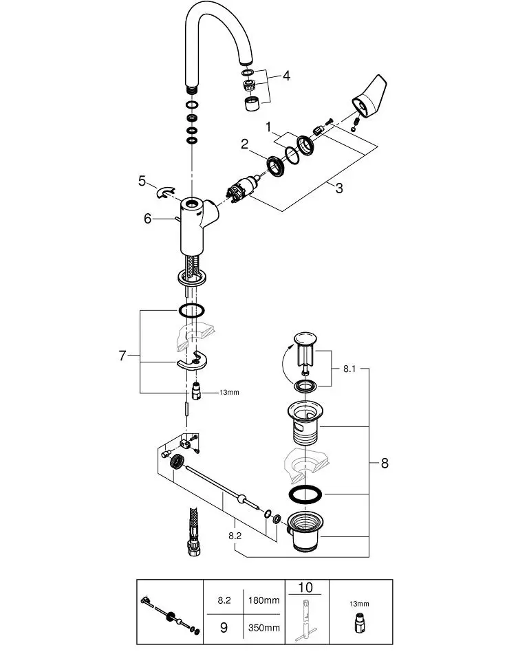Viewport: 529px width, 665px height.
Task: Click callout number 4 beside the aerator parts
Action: (x=286, y=76)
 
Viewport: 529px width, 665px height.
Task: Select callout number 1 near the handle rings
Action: (x=268, y=127)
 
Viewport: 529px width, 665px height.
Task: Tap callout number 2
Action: (x=244, y=144)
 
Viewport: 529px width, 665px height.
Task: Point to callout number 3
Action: (x=339, y=188)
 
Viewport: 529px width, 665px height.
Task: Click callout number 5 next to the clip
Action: (x=142, y=181)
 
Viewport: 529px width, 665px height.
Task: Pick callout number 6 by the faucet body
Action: (x=147, y=219)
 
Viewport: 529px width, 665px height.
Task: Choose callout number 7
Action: (x=122, y=356)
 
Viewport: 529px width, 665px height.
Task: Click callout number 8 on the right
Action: (x=385, y=463)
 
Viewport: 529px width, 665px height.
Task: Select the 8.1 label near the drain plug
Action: (x=349, y=369)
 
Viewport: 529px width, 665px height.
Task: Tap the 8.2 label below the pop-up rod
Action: (x=235, y=536)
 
